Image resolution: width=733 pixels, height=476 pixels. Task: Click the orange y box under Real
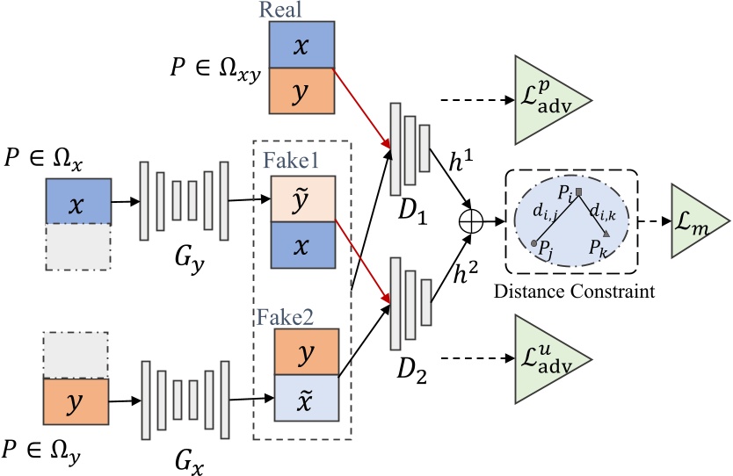coord(300,91)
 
